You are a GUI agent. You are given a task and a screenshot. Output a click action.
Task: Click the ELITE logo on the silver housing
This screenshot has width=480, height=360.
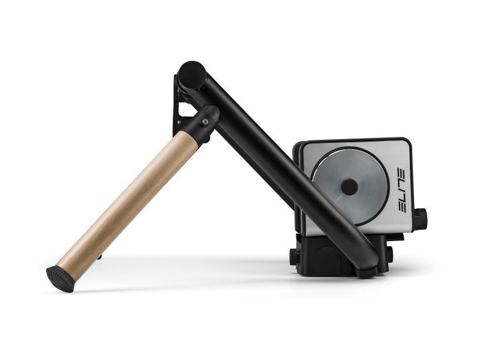pos(401,190)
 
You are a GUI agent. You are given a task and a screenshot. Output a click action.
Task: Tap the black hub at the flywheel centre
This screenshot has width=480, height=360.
pos(349,187)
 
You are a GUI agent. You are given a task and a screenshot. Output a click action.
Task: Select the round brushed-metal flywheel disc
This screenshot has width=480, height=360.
pos(350,187)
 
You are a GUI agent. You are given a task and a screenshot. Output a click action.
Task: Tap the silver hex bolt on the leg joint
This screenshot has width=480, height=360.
pos(203,122)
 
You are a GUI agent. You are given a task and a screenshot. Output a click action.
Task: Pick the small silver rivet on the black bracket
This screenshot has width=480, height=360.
pos(178,122)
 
